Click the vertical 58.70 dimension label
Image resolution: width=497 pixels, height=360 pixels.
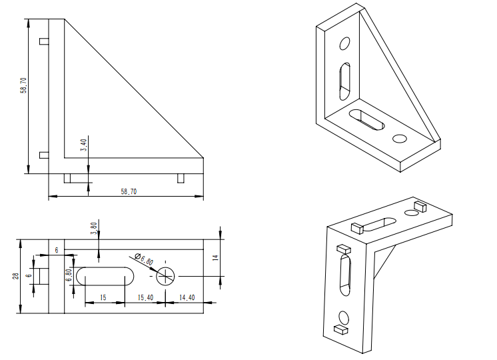[x=23, y=85]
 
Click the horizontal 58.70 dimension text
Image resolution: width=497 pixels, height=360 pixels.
[x=129, y=191]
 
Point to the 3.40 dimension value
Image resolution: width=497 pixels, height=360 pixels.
[x=83, y=145]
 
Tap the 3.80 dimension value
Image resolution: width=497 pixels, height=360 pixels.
[x=93, y=229]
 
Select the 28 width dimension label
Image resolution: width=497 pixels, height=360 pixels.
[x=15, y=276]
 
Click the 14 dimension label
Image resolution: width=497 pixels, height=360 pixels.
[x=216, y=257]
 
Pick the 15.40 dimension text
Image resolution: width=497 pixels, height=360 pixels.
[x=145, y=297]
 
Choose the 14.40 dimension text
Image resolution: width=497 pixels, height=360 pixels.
[x=187, y=297]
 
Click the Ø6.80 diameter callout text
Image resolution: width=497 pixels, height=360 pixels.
[x=144, y=259]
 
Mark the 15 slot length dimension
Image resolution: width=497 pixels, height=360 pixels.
[x=103, y=297]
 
